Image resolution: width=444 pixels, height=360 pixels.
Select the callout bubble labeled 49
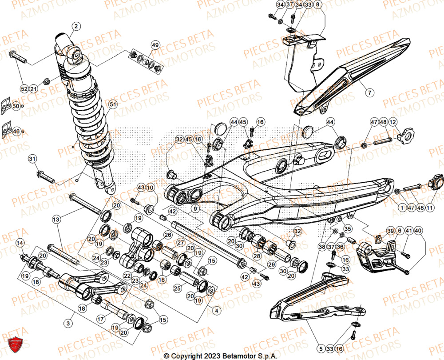155,45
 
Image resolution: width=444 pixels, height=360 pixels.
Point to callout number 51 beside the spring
113,104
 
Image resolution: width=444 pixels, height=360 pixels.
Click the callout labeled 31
32,159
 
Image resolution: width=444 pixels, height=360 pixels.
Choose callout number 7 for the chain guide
370,92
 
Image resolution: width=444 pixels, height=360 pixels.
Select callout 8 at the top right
317,5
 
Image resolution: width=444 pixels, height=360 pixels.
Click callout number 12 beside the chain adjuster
393,122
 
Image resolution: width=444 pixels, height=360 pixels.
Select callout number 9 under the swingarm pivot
195,208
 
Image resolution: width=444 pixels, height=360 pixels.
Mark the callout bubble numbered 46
16,132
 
